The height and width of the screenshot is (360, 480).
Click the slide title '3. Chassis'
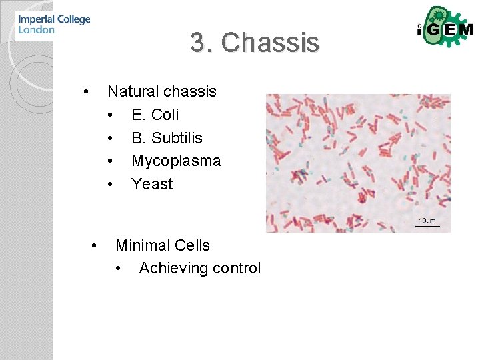click(255, 43)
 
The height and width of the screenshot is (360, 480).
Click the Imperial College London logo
click(53, 25)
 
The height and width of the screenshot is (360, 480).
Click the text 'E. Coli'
click(155, 115)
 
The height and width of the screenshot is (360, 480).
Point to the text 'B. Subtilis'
click(167, 138)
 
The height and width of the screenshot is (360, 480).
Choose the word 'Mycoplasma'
click(176, 161)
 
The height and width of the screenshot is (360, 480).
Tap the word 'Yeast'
click(152, 184)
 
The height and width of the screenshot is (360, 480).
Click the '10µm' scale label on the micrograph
click(427, 221)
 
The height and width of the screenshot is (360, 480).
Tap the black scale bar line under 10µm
click(427, 227)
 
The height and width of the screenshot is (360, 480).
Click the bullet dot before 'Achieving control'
click(118, 269)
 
